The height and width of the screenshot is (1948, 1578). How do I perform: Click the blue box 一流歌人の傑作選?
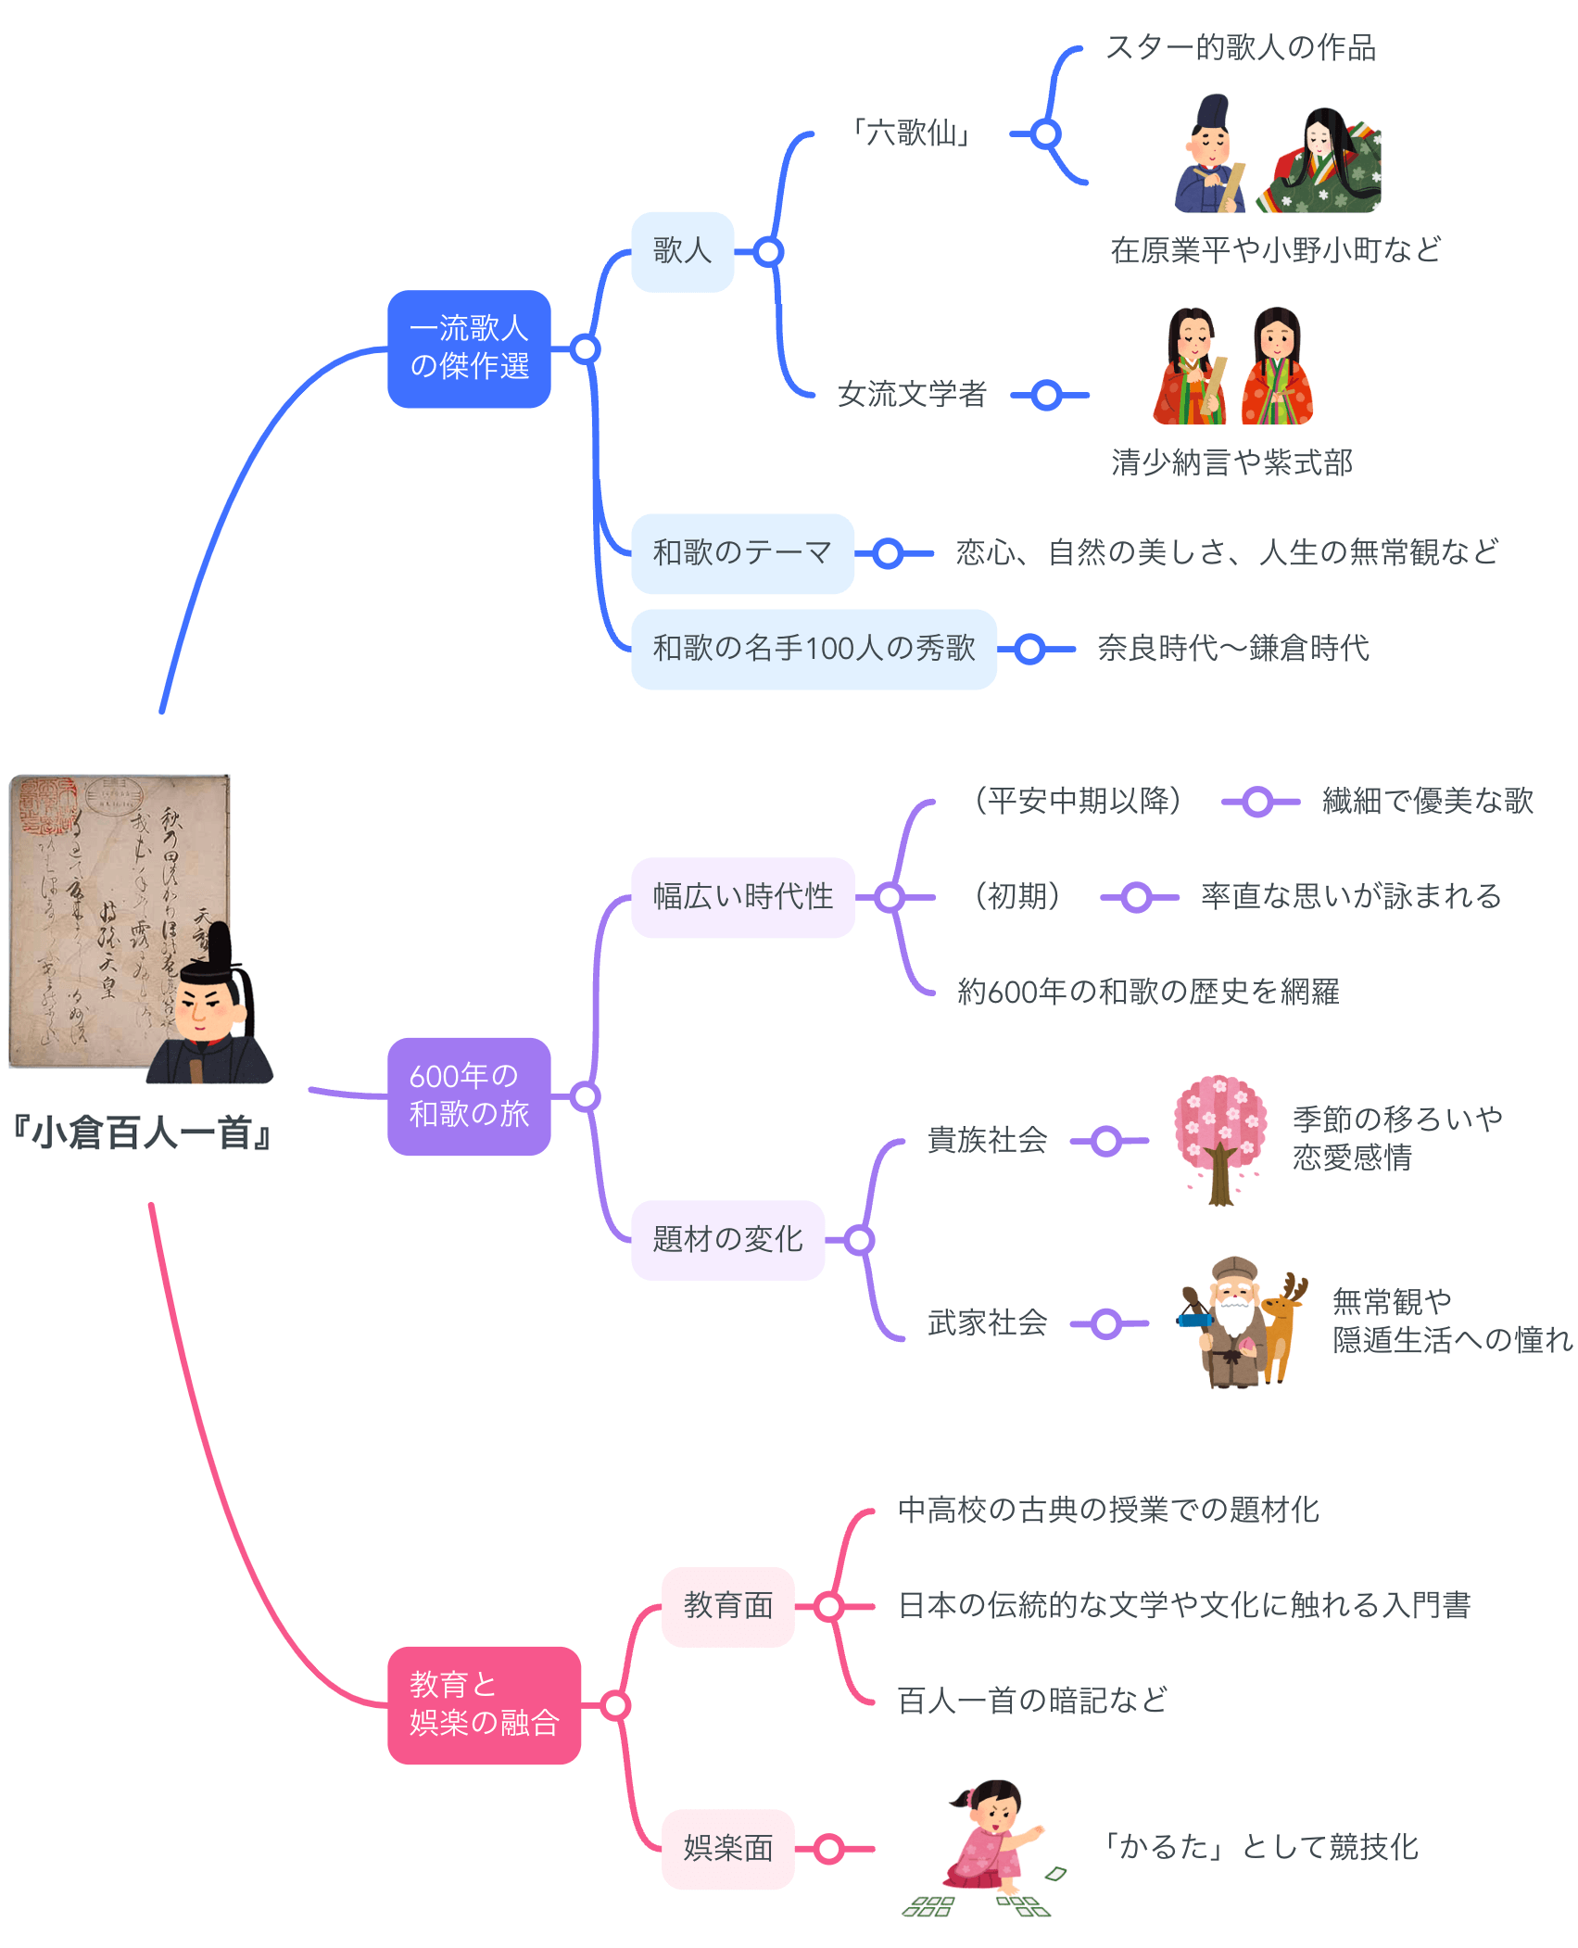469,348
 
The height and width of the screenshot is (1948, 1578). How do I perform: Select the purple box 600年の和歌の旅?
469,1095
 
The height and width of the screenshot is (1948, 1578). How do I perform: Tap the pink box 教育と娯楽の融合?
484,1704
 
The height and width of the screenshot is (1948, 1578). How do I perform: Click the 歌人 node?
682,251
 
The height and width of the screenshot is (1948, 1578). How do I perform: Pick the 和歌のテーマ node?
741,553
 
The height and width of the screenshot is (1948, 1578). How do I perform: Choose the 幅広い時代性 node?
742,897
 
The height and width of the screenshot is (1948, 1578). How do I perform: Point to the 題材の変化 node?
727,1240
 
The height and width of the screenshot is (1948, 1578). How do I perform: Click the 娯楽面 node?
727,1848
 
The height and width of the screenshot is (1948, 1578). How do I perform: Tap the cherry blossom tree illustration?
1220,1140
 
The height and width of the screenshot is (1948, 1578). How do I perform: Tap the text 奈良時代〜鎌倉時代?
1232,649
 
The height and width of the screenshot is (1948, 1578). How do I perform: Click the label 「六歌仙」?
911,133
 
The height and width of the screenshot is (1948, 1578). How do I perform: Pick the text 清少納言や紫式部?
1231,462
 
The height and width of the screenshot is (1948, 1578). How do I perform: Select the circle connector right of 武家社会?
1105,1324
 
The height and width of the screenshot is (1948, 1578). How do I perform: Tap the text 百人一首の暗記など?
1032,1701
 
